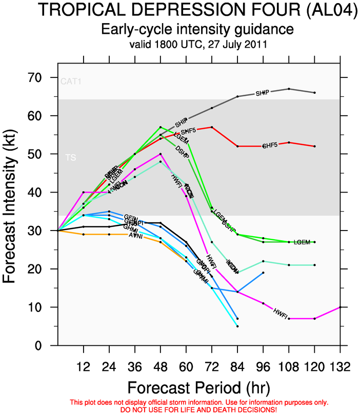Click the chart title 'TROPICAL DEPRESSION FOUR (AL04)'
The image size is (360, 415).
197,10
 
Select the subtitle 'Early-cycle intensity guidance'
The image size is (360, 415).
197,29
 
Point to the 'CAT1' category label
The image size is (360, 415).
70,81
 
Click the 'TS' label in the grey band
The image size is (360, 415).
71,158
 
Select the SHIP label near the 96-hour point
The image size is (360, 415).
263,93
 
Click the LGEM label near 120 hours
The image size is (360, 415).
302,242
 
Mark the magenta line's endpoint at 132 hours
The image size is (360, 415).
340,307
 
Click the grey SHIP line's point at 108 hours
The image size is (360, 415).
289,89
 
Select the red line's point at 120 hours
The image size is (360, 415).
314,147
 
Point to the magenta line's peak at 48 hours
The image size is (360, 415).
161,154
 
